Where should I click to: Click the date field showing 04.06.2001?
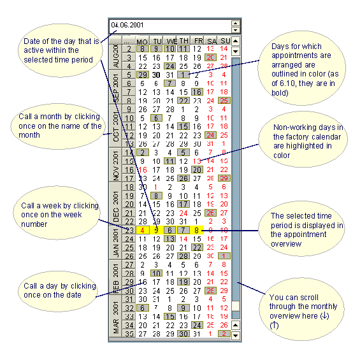click(x=169, y=25)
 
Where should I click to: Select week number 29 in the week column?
click(x=129, y=282)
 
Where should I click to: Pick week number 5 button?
click(x=129, y=75)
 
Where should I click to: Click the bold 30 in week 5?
click(x=156, y=75)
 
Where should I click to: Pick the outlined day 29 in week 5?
click(x=143, y=75)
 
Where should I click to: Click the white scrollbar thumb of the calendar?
click(x=236, y=308)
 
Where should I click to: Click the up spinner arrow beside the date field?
click(x=236, y=22)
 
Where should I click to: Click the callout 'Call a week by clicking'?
click(x=59, y=214)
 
